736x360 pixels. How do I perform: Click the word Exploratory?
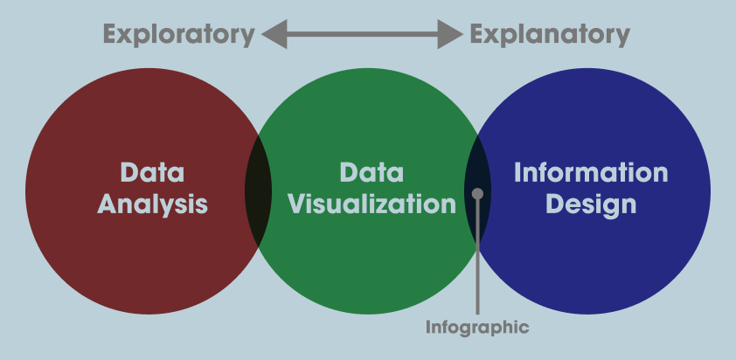coord(178,35)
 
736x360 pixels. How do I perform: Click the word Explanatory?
coord(550,35)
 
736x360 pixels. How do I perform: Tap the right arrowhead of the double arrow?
coord(452,35)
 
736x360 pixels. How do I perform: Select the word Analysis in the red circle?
coord(152,204)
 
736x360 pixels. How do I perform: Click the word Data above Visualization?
coord(371,172)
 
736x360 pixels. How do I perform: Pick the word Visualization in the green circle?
coord(371,204)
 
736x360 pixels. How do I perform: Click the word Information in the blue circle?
coord(591,172)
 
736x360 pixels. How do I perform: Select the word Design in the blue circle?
coord(591,204)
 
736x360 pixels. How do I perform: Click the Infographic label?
coord(477,328)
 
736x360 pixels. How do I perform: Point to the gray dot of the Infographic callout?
coord(477,194)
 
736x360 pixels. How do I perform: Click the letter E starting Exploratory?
coord(111,35)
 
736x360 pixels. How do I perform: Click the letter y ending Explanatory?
coord(622,37)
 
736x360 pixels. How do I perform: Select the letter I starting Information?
coord(517,172)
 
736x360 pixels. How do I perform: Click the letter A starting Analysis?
coord(108,204)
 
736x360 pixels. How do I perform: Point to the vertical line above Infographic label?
coord(477,262)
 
